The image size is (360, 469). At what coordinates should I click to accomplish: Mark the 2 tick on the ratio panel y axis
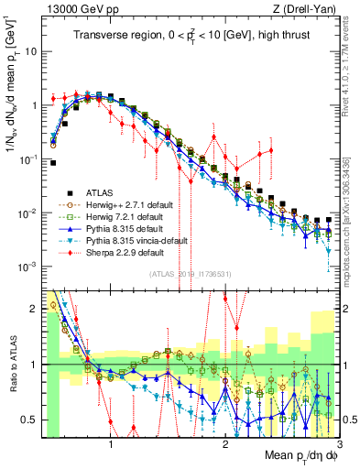tap(37, 309)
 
